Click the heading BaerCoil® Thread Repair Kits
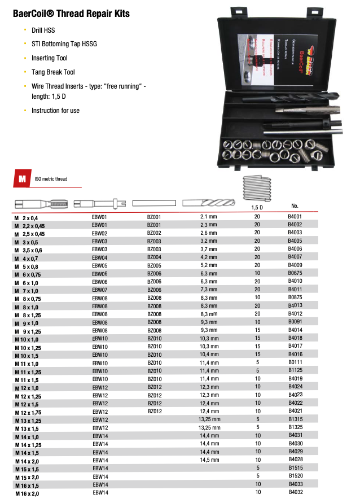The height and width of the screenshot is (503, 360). tap(71, 13)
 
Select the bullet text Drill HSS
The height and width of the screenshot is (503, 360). tap(43, 30)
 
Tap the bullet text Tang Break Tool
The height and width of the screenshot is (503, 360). tap(53, 72)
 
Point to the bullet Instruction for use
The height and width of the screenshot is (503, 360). tap(55, 111)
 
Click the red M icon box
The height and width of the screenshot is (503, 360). tap(21, 179)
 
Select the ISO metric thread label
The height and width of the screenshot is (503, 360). tap(51, 180)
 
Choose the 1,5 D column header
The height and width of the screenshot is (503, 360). tap(257, 208)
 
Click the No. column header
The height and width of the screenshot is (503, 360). tap(295, 205)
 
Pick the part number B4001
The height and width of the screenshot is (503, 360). tap(295, 216)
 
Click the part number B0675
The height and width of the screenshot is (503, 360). tap(295, 273)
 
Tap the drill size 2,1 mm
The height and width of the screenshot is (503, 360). tap(209, 216)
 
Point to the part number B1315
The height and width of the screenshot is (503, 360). tap(295, 420)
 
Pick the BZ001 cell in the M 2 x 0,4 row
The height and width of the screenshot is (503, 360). tap(154, 216)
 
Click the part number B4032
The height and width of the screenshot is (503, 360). tap(295, 493)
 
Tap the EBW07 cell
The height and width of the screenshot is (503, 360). tap(99, 290)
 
